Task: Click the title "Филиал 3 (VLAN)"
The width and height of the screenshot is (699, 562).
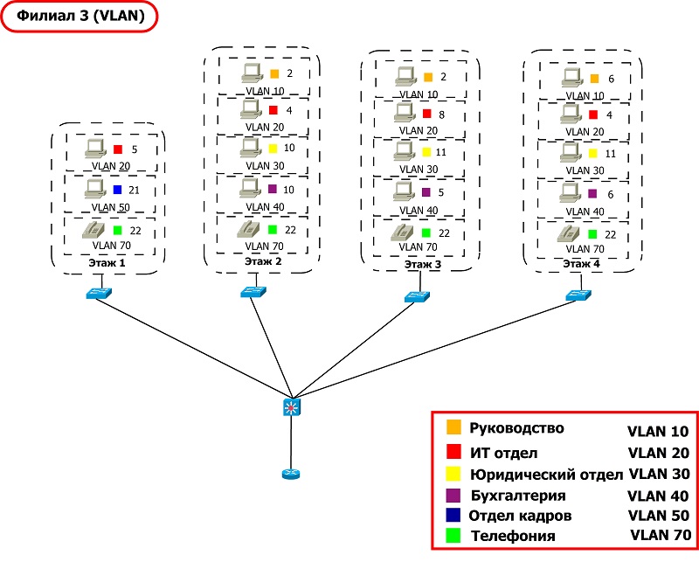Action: pyautogui.click(x=80, y=16)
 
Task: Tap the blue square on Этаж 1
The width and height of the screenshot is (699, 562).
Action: pyautogui.click(x=117, y=190)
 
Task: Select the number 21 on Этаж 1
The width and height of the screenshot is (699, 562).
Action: pyautogui.click(x=134, y=190)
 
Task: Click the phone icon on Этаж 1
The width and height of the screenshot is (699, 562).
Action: pyautogui.click(x=94, y=231)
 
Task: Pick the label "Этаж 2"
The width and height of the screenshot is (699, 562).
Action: pyautogui.click(x=263, y=261)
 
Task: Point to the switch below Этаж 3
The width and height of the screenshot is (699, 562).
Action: pyautogui.click(x=417, y=296)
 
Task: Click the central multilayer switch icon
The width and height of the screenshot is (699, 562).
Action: pyautogui.click(x=292, y=407)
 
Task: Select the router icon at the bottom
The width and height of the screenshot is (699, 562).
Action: pyautogui.click(x=291, y=474)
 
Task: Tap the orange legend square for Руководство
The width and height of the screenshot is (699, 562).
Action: pyautogui.click(x=453, y=427)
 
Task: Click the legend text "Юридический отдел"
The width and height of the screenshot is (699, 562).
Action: pyautogui.click(x=547, y=475)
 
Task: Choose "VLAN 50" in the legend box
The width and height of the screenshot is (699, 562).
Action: pyautogui.click(x=659, y=515)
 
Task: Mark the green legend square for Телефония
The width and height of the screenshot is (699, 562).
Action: pyautogui.click(x=453, y=535)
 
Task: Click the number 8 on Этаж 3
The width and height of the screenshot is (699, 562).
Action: pyautogui.click(x=441, y=114)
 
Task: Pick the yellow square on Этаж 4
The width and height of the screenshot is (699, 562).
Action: pyautogui.click(x=592, y=153)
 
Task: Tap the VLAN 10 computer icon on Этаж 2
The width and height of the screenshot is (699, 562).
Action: pyautogui.click(x=253, y=73)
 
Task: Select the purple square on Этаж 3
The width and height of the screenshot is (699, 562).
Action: pyautogui.click(x=426, y=192)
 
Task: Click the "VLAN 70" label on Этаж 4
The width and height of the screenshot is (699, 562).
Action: pyautogui.click(x=585, y=248)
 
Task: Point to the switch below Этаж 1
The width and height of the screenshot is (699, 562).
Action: pyautogui.click(x=99, y=293)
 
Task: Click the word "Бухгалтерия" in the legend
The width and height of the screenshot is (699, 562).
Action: pyautogui.click(x=518, y=496)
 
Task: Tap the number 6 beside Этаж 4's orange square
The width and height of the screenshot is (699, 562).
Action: pyautogui.click(x=611, y=79)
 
